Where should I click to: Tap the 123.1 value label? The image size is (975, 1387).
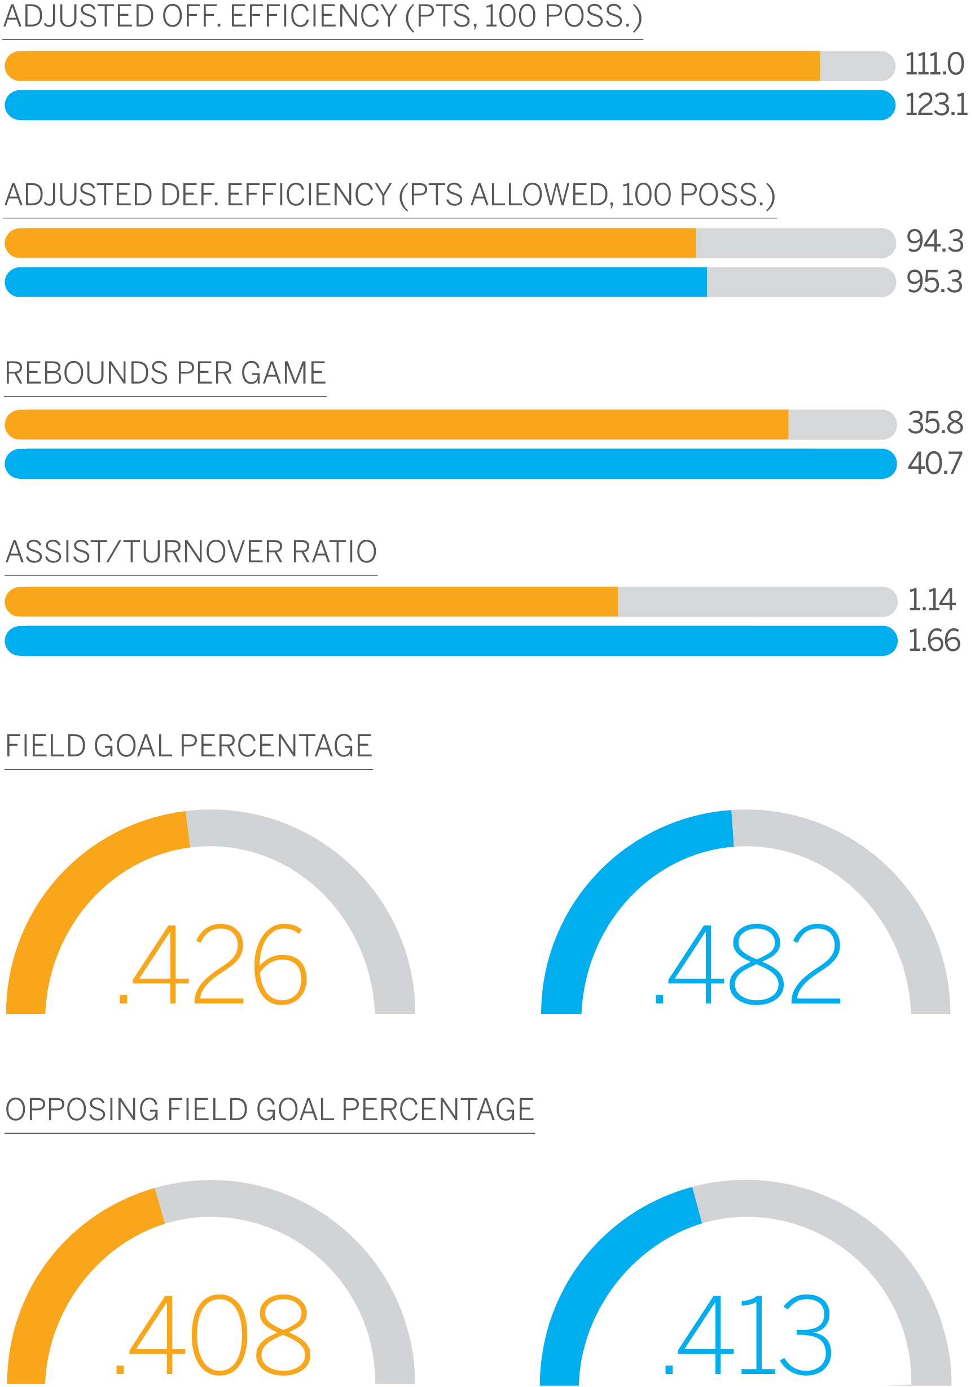point(935,104)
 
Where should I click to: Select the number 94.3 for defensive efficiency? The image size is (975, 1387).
point(934,241)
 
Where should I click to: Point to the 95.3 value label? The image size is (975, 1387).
point(934,281)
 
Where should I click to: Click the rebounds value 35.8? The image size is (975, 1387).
point(934,422)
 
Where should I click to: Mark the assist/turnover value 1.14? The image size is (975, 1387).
point(931,600)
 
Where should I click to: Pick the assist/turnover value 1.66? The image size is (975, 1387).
point(933,640)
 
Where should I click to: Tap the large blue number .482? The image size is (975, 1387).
point(748,965)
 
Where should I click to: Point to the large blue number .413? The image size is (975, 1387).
point(748,1335)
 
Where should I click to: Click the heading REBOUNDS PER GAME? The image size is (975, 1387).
point(165,373)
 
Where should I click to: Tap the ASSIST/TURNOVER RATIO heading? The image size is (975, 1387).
point(191,552)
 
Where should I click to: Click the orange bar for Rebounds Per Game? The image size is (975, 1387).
point(396,425)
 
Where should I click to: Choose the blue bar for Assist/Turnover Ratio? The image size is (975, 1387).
point(450,641)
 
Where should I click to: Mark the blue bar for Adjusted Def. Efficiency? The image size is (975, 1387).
point(355,282)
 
